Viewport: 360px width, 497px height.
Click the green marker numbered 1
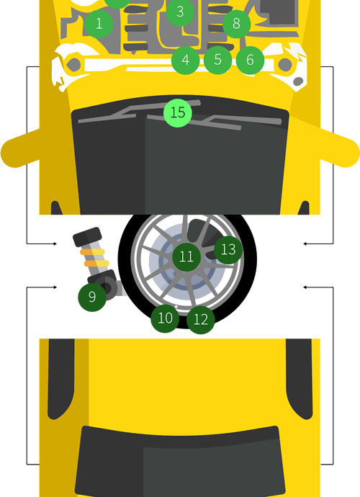(99, 24)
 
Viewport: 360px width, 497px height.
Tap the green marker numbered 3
(180, 12)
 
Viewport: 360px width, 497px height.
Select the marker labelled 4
(185, 60)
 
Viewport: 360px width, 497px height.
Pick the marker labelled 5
(217, 60)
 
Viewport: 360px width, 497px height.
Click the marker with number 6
(250, 60)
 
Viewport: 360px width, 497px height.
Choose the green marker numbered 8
(236, 24)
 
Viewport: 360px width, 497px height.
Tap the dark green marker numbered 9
(92, 297)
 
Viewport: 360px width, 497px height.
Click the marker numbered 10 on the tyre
(165, 318)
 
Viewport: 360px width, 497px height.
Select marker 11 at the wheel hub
(186, 256)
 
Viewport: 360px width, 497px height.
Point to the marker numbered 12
(201, 320)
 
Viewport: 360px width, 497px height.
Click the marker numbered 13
(228, 250)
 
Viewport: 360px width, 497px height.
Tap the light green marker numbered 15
(178, 113)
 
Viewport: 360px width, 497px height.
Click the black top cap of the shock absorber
(87, 236)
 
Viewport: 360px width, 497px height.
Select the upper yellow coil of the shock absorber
(92, 252)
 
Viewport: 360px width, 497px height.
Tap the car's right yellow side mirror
(340, 148)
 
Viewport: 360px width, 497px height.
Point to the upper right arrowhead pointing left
(305, 243)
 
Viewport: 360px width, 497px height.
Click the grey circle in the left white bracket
(73, 65)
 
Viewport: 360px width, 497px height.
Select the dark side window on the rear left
(61, 379)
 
